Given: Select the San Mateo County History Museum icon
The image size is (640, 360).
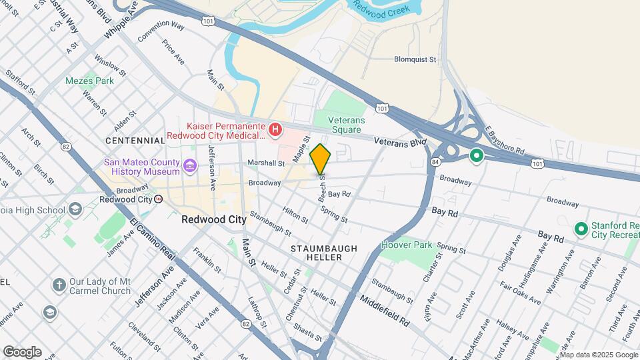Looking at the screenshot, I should coord(190,165).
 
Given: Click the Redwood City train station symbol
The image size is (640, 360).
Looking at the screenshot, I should coord(158,199).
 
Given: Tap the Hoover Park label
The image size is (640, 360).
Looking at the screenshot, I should coord(406,245).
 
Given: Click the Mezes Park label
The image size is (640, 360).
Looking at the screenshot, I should coord(89,81).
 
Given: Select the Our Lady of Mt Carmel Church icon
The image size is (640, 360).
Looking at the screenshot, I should coord(59,285).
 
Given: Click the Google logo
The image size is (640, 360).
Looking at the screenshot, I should coord(22,351).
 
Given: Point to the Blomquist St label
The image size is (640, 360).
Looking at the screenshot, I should coord(405,59).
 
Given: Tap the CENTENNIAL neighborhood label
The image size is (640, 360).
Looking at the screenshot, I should coord(135,141).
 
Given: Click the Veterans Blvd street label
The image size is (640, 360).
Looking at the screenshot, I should coord(399,142).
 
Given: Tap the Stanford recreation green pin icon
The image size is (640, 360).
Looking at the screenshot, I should coord(581,229).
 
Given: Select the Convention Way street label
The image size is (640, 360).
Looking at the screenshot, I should coord(161,31).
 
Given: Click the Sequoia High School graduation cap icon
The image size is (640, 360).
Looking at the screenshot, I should coord(75,210).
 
